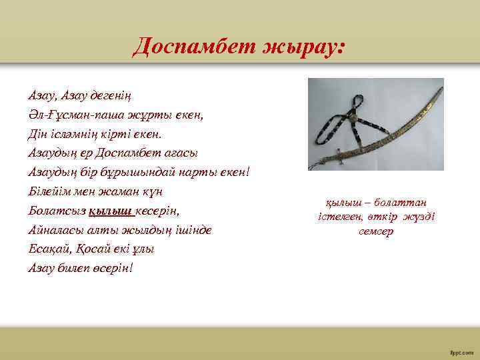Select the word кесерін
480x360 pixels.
coord(159,211)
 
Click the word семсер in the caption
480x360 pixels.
coord(376,231)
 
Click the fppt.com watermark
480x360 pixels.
coord(463,349)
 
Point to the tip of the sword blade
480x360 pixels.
coord(441,83)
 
